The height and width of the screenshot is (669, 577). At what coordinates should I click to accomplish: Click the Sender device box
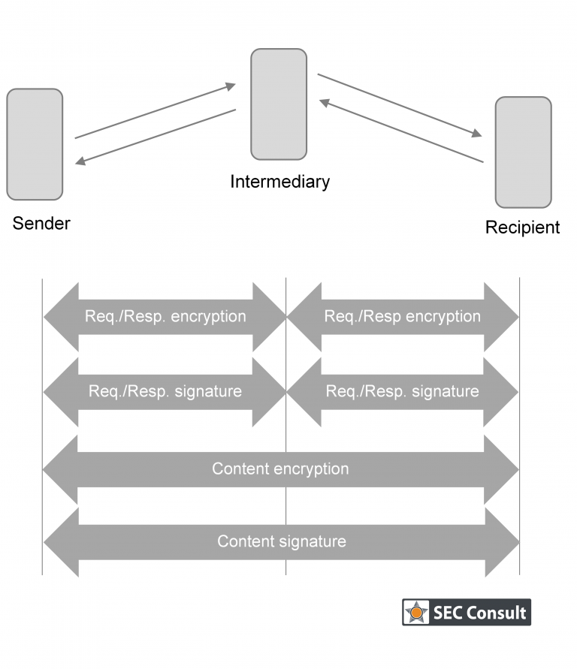[35, 144]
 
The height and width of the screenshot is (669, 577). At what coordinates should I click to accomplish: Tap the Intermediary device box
[279, 104]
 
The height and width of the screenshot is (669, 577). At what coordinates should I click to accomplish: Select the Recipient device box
[523, 152]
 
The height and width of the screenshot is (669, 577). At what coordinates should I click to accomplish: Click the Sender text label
[41, 223]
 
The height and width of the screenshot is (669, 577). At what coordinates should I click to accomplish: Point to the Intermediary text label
[279, 182]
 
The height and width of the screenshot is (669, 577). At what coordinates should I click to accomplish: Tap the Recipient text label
[522, 228]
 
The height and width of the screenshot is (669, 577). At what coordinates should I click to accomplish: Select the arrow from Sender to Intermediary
[156, 111]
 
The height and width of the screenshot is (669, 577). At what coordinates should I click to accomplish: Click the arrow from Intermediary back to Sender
[156, 137]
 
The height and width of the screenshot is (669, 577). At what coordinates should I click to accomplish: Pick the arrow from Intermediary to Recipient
[400, 105]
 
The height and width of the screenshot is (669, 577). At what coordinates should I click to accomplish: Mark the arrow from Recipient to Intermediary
[401, 131]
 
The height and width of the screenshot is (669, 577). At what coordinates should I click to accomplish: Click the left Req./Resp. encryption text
[165, 316]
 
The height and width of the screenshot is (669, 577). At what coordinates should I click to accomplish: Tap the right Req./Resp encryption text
[402, 316]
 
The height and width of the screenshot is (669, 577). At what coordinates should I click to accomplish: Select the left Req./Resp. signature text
[165, 391]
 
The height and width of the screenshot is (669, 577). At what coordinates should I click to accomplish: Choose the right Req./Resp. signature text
[402, 391]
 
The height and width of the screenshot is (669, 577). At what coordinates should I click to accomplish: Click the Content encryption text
[280, 469]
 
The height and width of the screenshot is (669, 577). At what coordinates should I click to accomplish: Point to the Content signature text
[282, 541]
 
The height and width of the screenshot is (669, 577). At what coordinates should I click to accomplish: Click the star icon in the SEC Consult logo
[415, 612]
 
